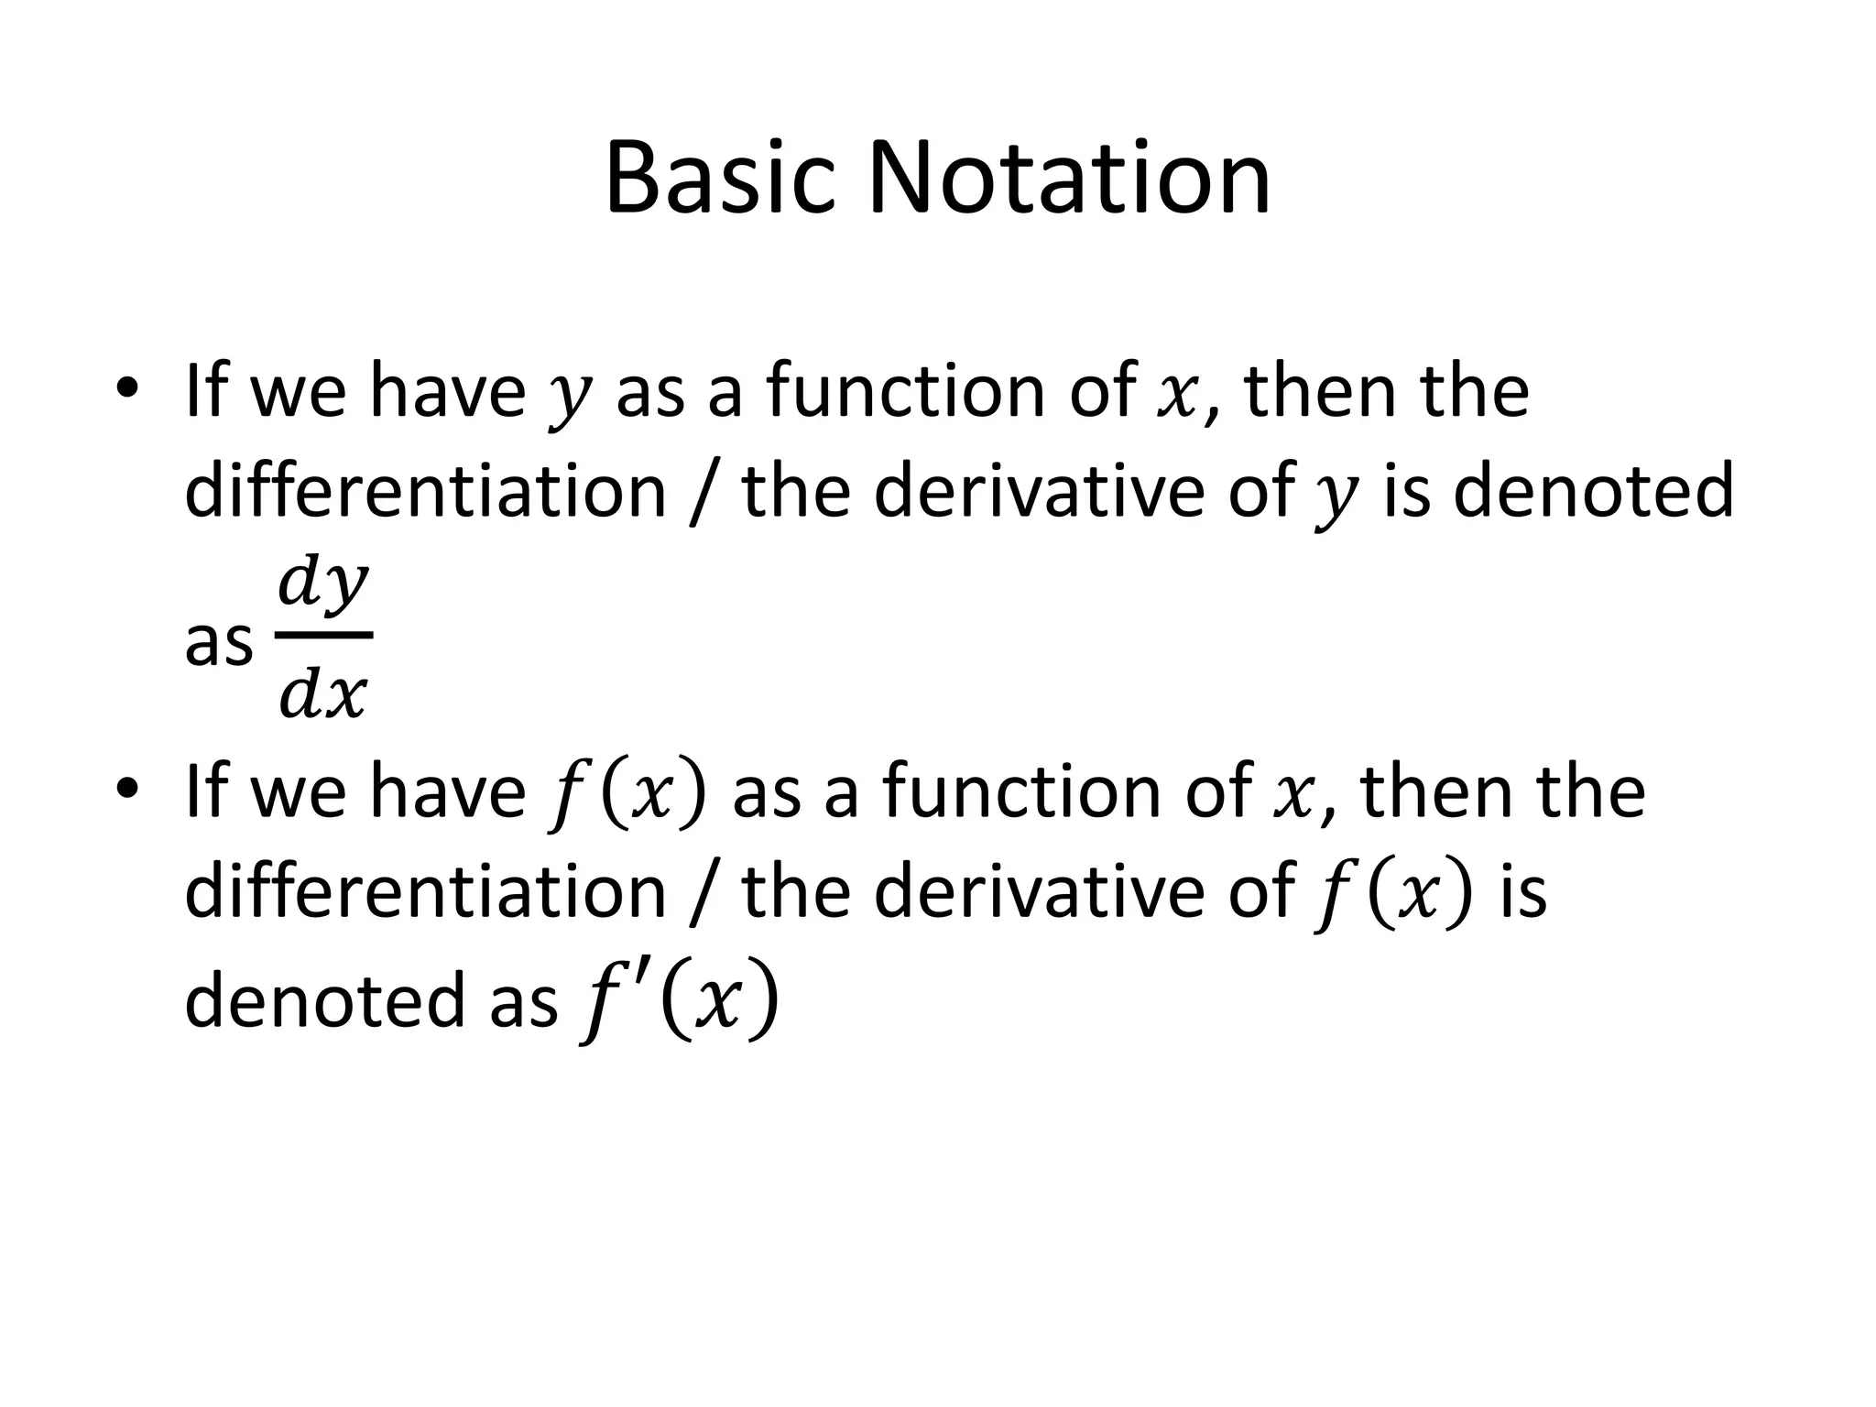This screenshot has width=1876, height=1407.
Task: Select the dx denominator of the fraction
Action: click(x=323, y=694)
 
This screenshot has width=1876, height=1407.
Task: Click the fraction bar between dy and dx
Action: click(x=324, y=635)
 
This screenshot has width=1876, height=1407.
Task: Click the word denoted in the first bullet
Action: click(x=1592, y=491)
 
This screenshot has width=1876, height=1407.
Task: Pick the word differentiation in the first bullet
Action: click(x=425, y=491)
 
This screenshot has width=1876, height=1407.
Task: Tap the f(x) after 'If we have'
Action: click(x=627, y=793)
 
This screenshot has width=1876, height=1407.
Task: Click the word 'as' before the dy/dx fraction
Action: click(x=218, y=643)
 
